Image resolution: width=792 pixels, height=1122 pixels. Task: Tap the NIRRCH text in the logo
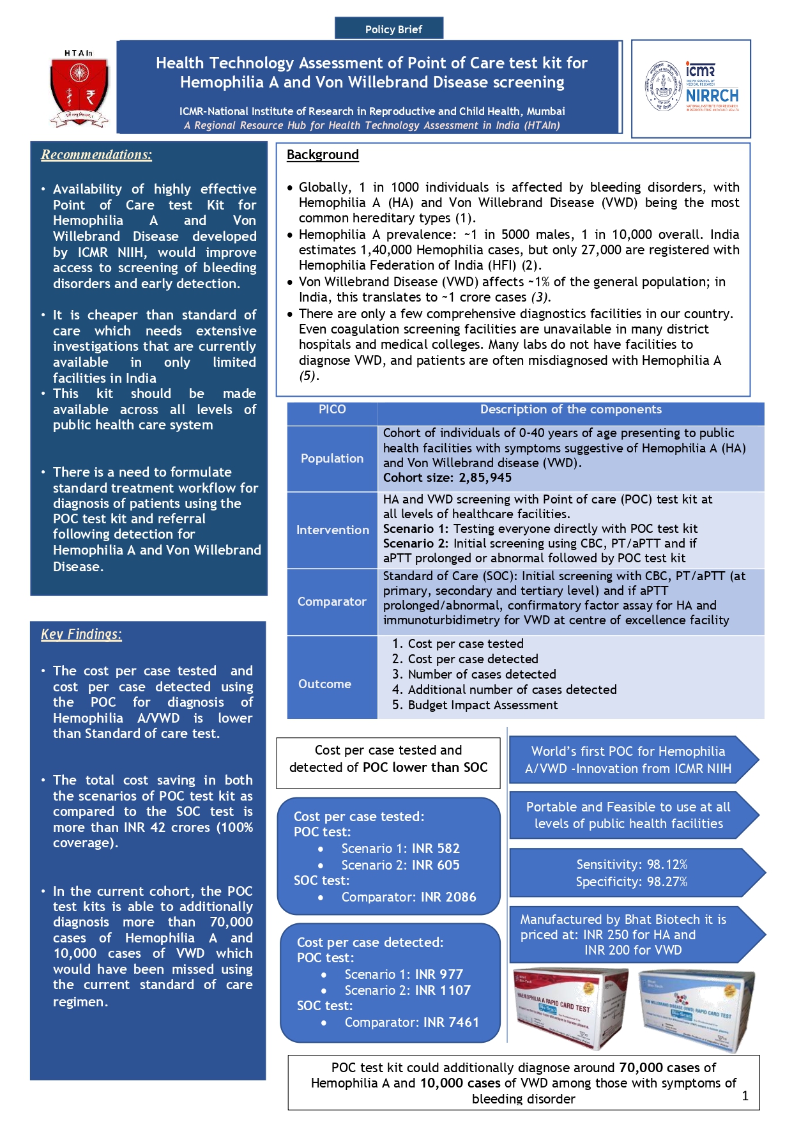click(712, 96)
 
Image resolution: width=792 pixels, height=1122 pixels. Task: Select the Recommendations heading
click(96, 155)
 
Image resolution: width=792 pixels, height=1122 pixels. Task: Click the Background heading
click(323, 155)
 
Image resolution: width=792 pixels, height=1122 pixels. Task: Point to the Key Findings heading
click(81, 634)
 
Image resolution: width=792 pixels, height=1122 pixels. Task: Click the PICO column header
click(332, 410)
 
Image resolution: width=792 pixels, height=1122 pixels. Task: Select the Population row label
click(332, 458)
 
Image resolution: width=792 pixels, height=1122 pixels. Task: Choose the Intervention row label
click(332, 530)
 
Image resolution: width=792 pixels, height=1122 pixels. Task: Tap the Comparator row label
click(332, 601)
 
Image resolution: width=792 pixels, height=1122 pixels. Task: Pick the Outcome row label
click(324, 684)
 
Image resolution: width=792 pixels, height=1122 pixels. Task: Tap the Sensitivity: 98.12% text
click(631, 865)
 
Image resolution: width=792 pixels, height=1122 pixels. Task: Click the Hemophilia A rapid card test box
click(570, 1006)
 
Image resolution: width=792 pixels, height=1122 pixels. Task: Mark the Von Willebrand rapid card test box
click(696, 1010)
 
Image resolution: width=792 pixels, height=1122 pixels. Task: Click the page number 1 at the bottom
click(745, 1096)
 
